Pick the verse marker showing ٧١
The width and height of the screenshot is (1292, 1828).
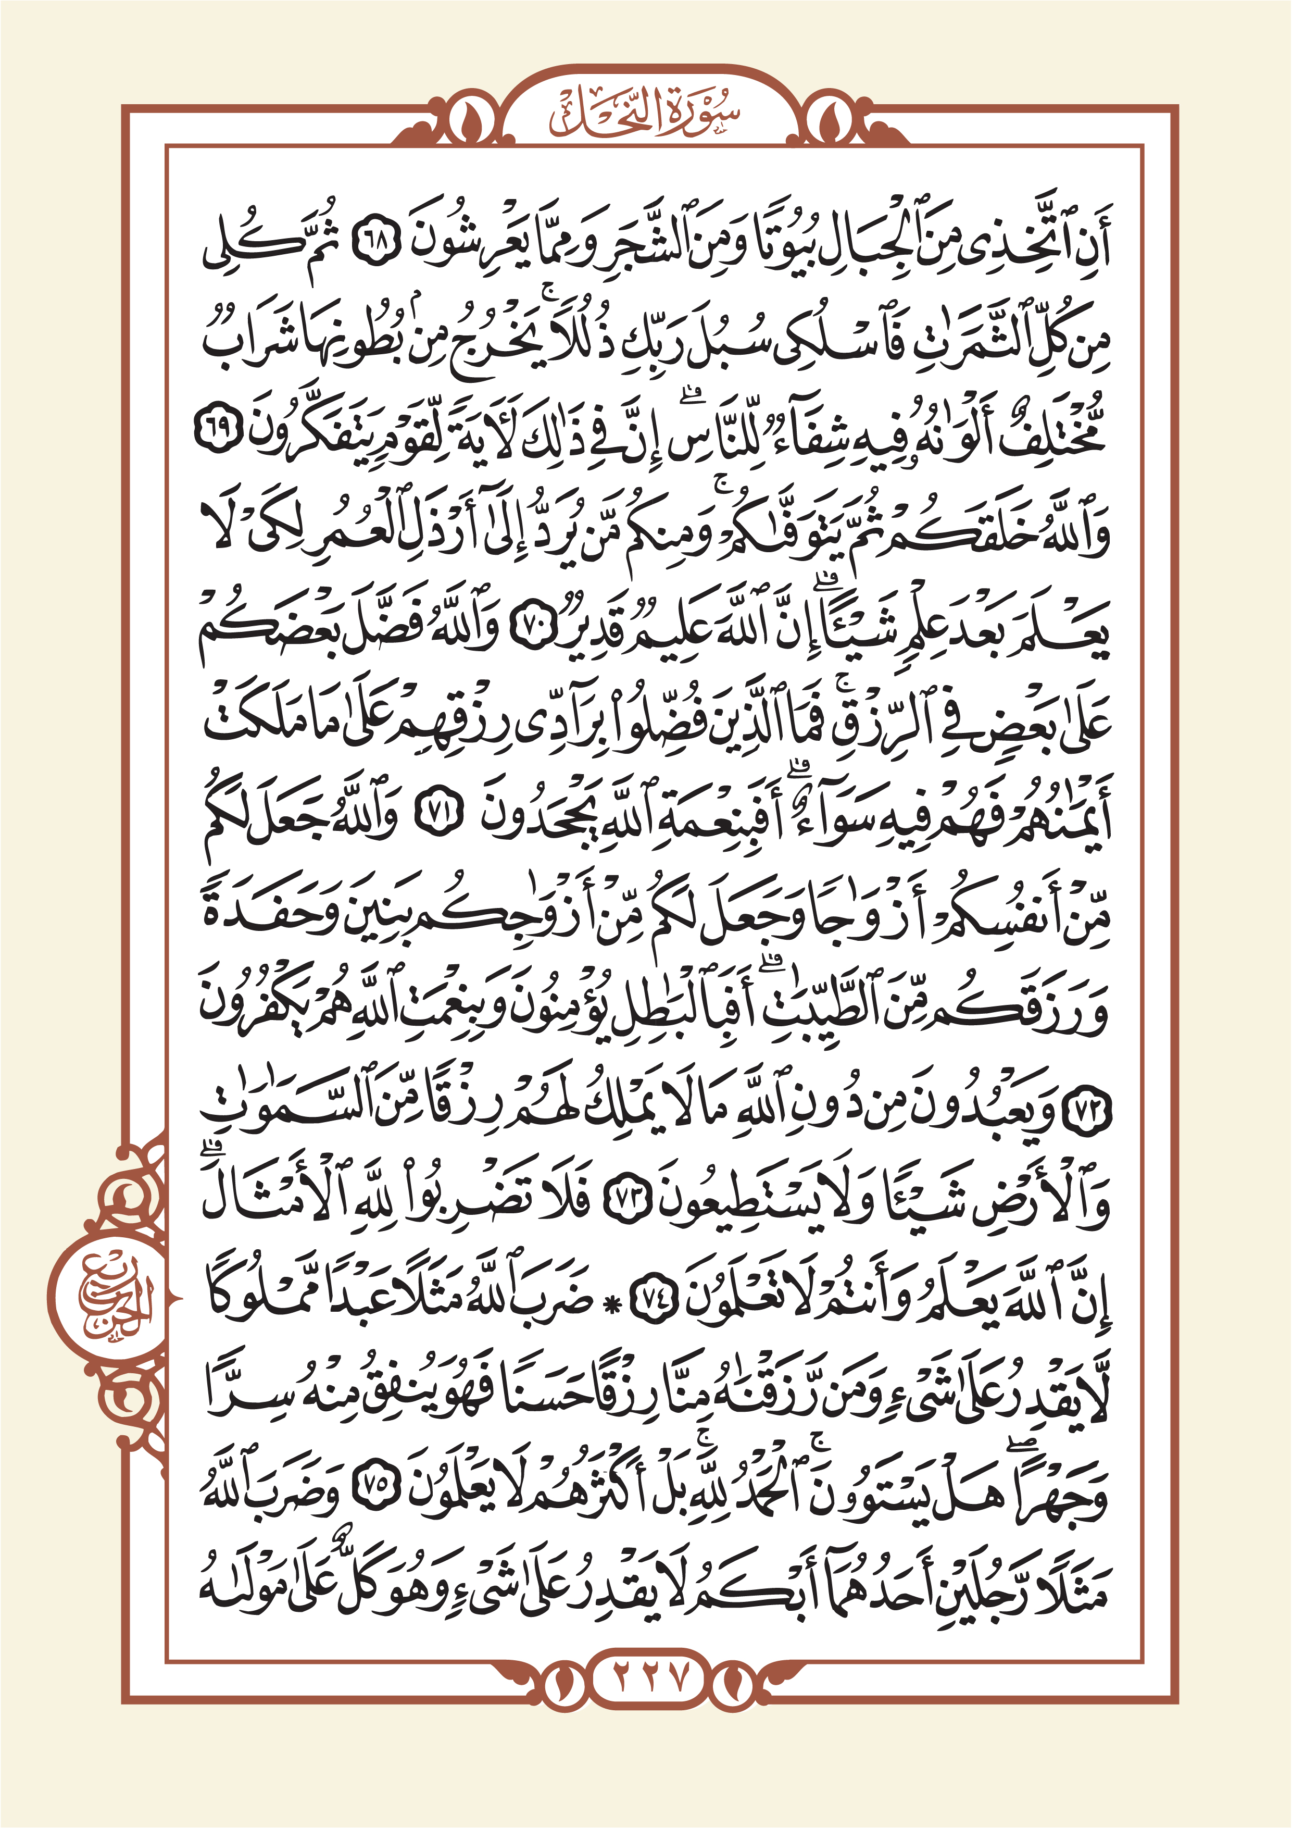pos(437,815)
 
